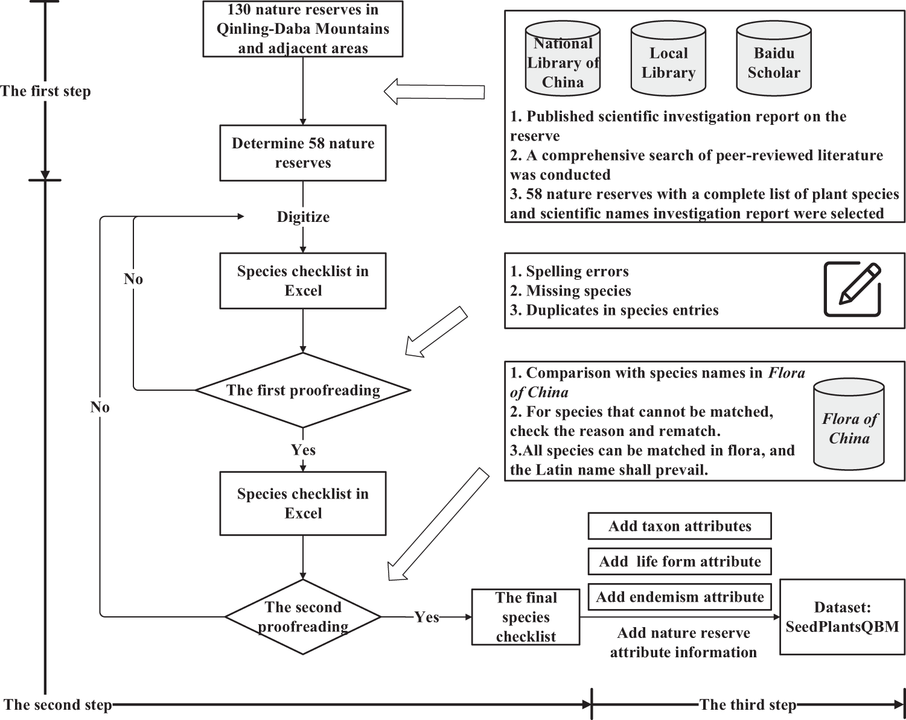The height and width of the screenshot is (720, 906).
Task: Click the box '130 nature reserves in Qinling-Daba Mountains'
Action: (302, 29)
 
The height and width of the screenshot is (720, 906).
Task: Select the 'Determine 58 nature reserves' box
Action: (302, 153)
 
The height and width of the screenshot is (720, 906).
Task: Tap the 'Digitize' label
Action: (303, 217)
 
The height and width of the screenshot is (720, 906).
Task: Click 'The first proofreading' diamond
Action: (303, 390)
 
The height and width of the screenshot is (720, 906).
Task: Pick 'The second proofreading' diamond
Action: (303, 617)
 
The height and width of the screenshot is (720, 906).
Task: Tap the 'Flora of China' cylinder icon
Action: (849, 425)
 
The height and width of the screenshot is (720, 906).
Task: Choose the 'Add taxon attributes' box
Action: (680, 526)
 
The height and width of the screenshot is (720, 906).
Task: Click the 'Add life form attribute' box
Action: (680, 561)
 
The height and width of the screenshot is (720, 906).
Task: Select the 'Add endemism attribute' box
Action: (680, 597)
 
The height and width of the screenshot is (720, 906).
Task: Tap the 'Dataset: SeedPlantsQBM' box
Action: (842, 617)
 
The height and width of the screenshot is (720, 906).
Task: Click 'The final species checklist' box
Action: (526, 617)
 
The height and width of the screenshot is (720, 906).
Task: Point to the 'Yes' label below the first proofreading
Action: (303, 450)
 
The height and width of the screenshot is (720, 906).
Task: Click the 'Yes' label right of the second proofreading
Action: (426, 617)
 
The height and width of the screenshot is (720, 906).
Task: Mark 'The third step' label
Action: (747, 704)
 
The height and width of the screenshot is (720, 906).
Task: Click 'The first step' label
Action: (45, 91)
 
